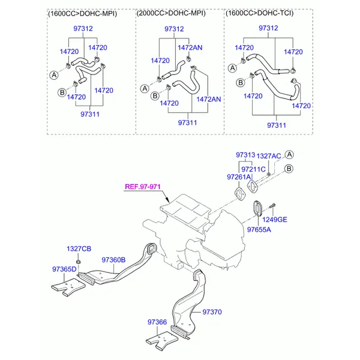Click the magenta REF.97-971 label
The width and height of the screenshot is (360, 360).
(x=143, y=187)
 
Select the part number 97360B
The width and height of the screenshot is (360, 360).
(x=113, y=260)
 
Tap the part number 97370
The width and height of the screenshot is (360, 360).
(x=212, y=312)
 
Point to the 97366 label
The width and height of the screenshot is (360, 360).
(x=157, y=322)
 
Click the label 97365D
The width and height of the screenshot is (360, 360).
(x=64, y=269)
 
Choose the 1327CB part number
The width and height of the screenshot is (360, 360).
(x=79, y=248)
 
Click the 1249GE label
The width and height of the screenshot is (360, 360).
(x=275, y=220)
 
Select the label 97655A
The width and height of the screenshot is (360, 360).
(x=259, y=230)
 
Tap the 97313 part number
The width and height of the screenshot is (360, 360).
(x=245, y=155)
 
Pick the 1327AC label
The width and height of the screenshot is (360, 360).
(x=269, y=156)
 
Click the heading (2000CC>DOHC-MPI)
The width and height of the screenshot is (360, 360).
(x=171, y=13)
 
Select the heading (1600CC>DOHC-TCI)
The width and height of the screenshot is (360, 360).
(x=259, y=13)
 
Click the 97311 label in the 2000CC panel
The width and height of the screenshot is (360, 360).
(x=187, y=122)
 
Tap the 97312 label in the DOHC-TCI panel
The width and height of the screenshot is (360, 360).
(x=268, y=28)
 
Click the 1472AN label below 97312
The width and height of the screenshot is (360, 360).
(x=190, y=47)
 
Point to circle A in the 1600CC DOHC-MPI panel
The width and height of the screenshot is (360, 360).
(x=54, y=75)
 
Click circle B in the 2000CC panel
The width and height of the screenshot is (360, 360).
(x=155, y=96)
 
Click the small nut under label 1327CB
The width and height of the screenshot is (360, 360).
(x=78, y=262)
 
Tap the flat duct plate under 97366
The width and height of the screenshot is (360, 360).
(x=162, y=340)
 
